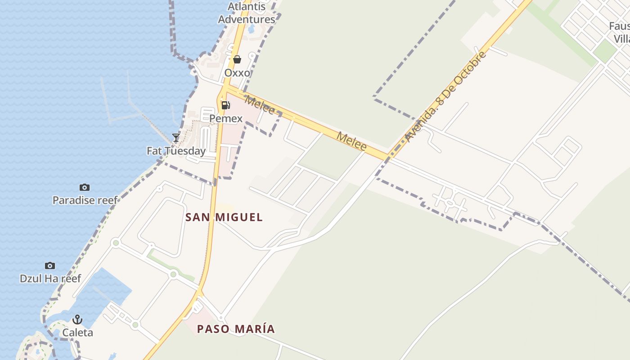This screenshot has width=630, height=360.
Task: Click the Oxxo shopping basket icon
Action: point(237,59)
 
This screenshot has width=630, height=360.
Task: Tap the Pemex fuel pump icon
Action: point(225,105)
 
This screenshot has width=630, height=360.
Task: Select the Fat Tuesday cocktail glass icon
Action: point(176,137)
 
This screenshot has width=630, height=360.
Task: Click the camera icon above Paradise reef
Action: point(84,187)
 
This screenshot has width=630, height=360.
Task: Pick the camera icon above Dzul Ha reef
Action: point(50,265)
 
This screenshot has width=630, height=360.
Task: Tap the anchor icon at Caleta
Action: point(78,319)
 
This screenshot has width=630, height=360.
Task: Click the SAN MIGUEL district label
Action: point(224,217)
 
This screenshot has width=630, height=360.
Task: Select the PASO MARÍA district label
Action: point(236,329)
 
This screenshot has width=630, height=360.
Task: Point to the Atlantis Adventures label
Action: point(247,13)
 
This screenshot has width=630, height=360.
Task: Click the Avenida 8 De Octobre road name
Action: point(445,97)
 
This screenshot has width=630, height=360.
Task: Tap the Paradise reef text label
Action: point(85,200)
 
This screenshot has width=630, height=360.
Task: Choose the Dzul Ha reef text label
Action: point(50,279)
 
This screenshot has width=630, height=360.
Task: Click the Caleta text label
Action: point(78,333)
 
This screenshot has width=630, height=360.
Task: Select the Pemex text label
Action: point(226,118)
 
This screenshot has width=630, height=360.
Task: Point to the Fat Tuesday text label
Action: point(176,151)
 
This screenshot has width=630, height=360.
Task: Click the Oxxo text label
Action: point(237,72)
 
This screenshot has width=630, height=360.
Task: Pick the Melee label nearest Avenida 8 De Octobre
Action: point(351,141)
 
